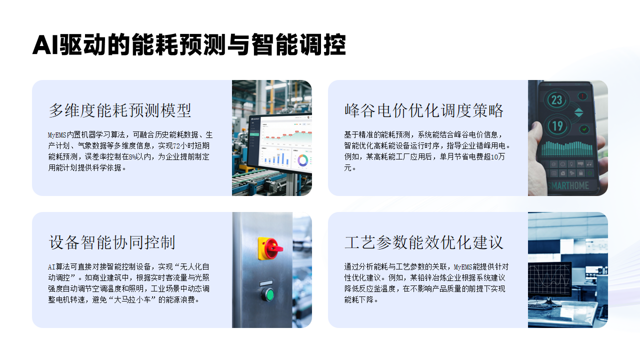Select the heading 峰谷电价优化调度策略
coord(423,110)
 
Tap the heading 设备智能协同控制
coord(111,242)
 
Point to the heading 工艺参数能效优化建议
coord(423,242)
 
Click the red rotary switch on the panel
coord(270,246)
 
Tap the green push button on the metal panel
coord(268,294)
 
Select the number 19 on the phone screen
coord(557,126)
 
